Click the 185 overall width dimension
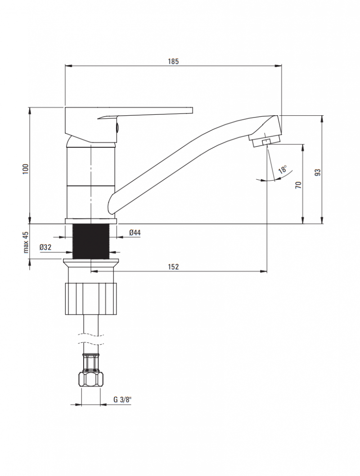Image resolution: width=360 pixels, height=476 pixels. (173, 61)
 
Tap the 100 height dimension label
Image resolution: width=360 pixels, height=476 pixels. (25, 169)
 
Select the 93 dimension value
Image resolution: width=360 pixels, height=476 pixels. (317, 172)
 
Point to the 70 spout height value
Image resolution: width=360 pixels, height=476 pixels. (298, 185)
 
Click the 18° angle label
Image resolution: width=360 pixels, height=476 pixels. (283, 169)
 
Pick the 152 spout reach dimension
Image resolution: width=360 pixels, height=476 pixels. (173, 267)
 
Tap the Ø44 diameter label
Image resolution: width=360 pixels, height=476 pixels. (135, 232)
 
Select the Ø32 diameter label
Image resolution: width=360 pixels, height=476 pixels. (45, 247)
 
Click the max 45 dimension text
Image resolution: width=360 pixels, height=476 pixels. (26, 242)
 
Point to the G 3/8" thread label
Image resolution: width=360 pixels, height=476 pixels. (122, 399)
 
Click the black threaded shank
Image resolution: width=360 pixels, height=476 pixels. (91, 242)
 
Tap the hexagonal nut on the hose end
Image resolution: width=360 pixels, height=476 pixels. (91, 379)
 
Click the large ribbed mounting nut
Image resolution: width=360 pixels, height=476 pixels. (91, 299)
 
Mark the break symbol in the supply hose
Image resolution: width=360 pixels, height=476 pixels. (91, 339)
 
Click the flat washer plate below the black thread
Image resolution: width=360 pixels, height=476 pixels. (91, 261)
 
